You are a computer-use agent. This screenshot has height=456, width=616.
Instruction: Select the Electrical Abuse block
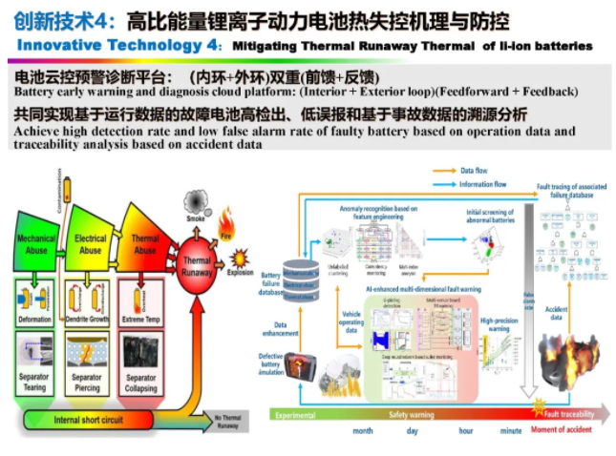coord(90,242)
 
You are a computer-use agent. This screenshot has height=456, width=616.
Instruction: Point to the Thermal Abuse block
coord(142,242)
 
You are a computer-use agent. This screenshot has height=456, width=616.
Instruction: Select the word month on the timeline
coord(362,431)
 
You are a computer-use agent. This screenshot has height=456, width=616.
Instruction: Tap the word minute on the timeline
coord(510,431)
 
